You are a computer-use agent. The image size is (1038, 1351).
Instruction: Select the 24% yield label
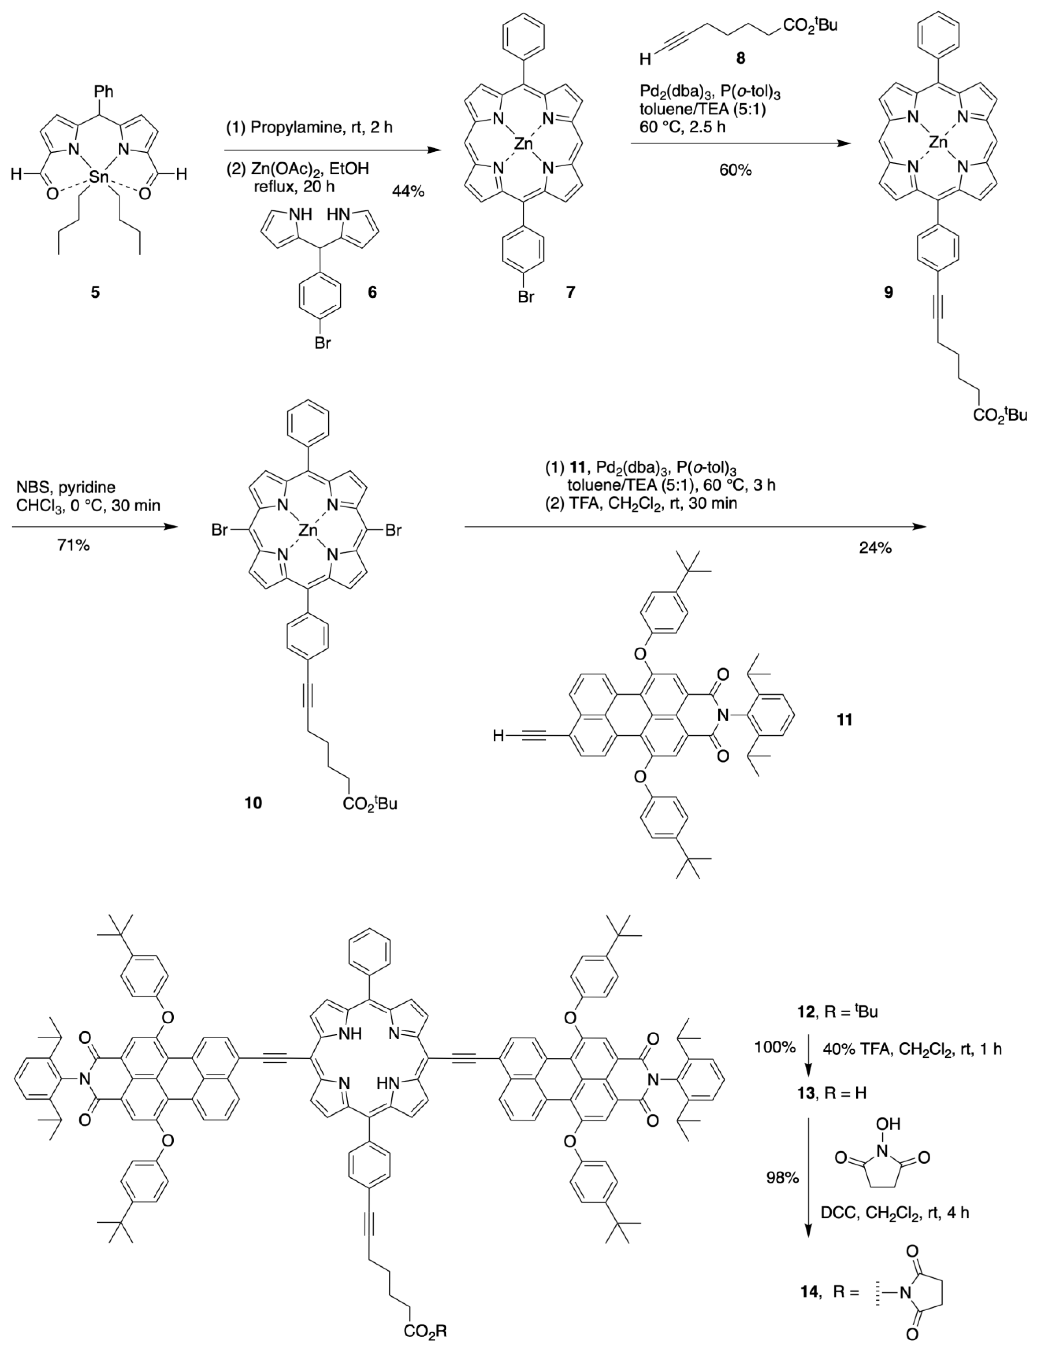875,548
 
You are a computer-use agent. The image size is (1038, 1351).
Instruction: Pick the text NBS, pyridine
67,487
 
